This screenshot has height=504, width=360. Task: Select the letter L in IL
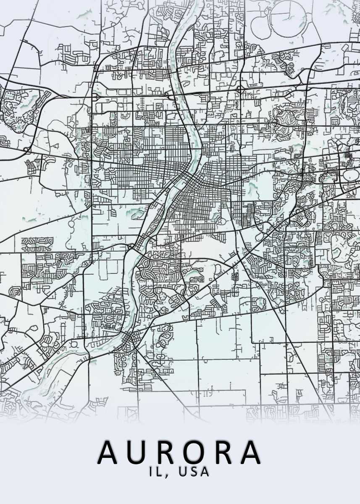point(158,472)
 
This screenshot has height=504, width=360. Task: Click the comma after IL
point(165,475)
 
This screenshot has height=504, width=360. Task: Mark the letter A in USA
point(205,472)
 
